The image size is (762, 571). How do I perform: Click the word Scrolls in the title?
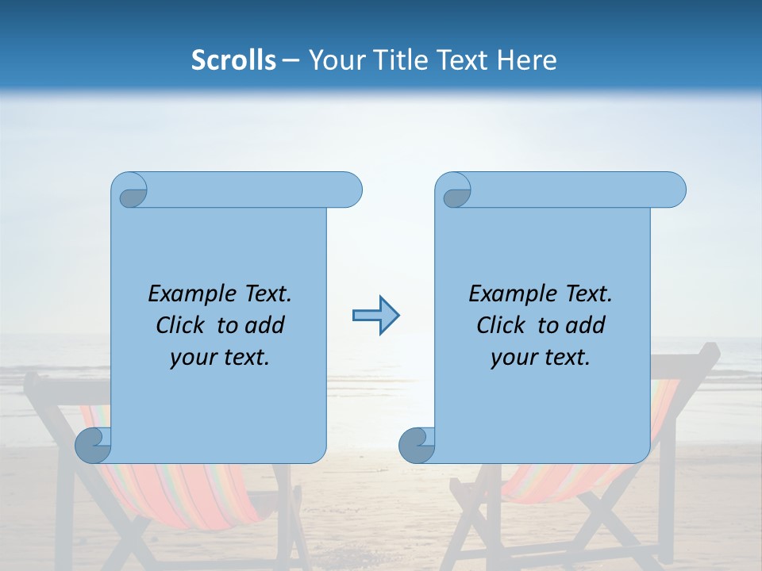click(x=234, y=60)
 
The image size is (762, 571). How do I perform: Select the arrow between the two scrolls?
click(x=375, y=316)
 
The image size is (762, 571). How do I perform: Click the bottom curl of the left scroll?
click(x=92, y=445)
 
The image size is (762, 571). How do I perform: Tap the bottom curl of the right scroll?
click(x=416, y=445)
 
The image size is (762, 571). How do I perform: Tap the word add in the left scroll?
click(x=266, y=326)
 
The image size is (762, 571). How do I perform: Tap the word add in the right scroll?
click(x=587, y=326)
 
